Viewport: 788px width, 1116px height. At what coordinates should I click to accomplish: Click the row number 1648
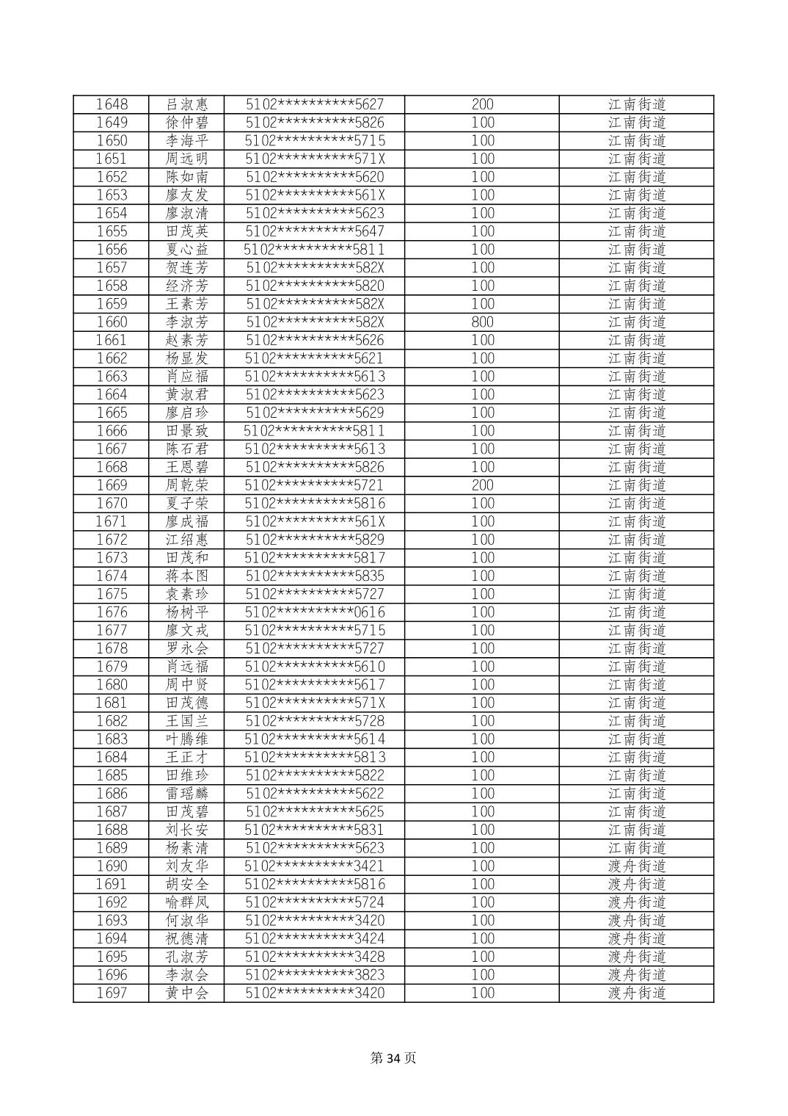point(112,104)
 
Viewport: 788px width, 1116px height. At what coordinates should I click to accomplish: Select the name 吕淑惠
point(187,104)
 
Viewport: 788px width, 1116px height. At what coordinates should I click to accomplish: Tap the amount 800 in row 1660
point(482,322)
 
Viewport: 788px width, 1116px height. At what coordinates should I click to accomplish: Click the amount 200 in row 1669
point(482,485)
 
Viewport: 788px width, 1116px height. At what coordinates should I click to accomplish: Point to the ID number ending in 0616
point(315,612)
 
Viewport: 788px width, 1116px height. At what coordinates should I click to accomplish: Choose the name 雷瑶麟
point(187,794)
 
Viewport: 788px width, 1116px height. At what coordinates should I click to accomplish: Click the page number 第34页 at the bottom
point(393,1058)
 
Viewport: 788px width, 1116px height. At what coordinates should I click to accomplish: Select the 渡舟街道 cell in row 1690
point(636,866)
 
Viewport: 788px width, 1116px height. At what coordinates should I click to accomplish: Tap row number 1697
point(112,993)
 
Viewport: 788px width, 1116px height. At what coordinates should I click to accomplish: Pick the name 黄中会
point(187,993)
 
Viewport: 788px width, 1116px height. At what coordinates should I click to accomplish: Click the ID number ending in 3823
point(315,975)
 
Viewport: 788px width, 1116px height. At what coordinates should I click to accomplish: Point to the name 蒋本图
point(187,576)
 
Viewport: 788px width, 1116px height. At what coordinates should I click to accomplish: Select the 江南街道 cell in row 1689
point(636,848)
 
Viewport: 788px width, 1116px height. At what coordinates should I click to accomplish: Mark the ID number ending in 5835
point(315,576)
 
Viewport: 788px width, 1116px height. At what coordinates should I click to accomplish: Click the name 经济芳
point(187,286)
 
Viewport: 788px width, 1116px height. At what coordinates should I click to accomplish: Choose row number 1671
point(112,521)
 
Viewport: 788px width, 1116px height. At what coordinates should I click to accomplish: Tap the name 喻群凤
point(187,902)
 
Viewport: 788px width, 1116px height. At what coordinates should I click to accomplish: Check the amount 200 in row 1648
point(482,104)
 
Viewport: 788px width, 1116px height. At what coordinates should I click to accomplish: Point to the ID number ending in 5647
point(315,231)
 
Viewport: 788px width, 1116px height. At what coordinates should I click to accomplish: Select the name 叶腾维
point(187,739)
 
